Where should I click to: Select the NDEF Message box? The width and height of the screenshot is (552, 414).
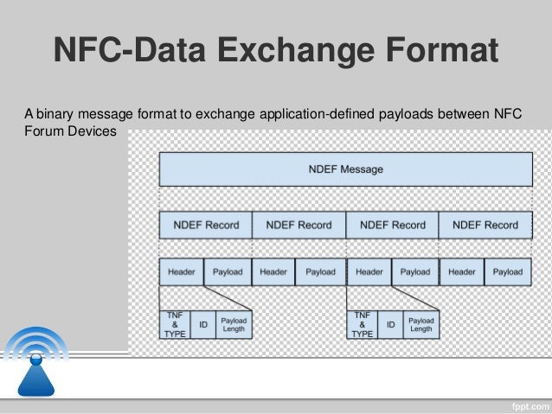[x=345, y=169]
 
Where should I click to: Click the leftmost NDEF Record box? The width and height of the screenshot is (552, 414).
[x=206, y=225]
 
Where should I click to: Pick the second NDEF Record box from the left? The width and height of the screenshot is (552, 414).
[x=298, y=225]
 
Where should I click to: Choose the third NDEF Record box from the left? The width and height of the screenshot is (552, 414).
[x=392, y=225]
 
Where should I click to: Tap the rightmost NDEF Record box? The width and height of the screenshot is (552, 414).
[x=485, y=225]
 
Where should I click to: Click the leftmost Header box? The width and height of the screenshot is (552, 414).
[x=181, y=271]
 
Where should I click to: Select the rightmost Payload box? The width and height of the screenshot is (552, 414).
[x=508, y=271]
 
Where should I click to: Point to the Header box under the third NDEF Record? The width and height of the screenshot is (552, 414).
[x=369, y=271]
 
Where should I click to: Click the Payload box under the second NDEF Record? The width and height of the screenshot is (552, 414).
[x=320, y=271]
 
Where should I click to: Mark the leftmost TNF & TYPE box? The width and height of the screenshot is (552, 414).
[x=175, y=324]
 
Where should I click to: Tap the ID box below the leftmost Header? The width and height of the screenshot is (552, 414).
[x=203, y=324]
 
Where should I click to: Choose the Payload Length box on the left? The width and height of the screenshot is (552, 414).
[x=234, y=324]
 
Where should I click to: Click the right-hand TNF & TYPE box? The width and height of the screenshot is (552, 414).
[x=363, y=324]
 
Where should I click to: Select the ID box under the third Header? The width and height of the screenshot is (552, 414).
[x=391, y=324]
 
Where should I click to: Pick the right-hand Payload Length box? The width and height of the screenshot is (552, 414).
[x=421, y=324]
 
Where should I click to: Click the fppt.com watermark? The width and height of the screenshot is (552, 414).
[x=526, y=404]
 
